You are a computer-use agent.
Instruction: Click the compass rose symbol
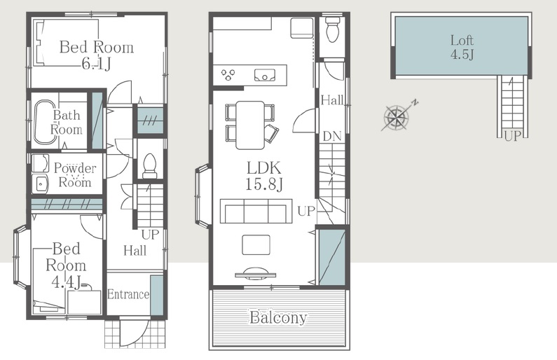click(397, 116)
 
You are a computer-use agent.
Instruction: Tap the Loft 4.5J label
click(462, 47)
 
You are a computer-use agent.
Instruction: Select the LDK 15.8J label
click(263, 176)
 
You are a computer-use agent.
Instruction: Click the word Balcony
click(278, 317)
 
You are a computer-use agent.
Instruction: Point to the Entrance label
click(128, 294)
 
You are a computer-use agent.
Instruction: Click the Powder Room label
click(75, 174)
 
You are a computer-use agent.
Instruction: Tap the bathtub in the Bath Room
click(44, 122)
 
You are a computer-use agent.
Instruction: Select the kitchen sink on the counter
click(265, 75)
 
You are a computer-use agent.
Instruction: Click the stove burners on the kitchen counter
click(228, 74)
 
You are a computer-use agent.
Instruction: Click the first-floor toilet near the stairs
click(149, 166)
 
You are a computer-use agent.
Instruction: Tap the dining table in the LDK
click(250, 125)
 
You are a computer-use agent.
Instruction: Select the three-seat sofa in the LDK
click(254, 211)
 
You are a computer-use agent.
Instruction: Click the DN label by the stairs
click(332, 136)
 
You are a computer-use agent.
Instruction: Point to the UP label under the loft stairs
click(512, 136)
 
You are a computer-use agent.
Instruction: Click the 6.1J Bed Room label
click(96, 55)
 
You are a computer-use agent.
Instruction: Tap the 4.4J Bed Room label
click(66, 265)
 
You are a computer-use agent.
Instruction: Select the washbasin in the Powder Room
click(41, 184)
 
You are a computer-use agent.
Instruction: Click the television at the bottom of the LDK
click(256, 272)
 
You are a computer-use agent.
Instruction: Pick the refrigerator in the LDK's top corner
click(302, 27)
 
